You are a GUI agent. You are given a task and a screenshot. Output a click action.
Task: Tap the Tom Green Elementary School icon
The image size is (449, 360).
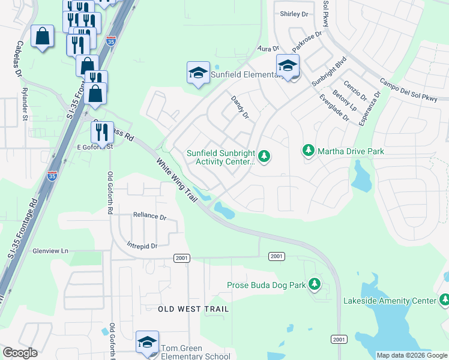pyautogui.click(x=147, y=343)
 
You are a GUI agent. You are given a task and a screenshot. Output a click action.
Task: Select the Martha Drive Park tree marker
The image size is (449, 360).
pyautogui.click(x=309, y=150)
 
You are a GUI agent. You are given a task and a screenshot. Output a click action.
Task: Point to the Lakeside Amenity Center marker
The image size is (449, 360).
pyautogui.click(x=444, y=299)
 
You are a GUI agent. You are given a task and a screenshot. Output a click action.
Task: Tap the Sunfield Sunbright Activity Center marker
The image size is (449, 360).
pyautogui.click(x=264, y=157)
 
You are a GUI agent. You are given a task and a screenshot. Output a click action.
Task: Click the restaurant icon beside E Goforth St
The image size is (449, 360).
pyautogui.click(x=102, y=133)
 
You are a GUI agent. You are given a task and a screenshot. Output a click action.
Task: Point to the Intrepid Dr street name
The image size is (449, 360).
pyautogui.click(x=142, y=246)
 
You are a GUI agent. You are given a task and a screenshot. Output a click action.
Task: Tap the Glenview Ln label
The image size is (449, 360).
pyautogui.click(x=51, y=251)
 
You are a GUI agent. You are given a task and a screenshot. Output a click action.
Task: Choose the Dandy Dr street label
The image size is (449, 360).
pyautogui.click(x=240, y=107)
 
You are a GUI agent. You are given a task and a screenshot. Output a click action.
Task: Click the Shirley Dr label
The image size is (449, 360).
pyautogui.click(x=294, y=13)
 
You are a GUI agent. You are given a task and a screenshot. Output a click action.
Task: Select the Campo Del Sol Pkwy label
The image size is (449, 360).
pyautogui.click(x=413, y=90)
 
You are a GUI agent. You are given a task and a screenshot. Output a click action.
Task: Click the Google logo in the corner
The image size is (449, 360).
pyautogui.click(x=20, y=353)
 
